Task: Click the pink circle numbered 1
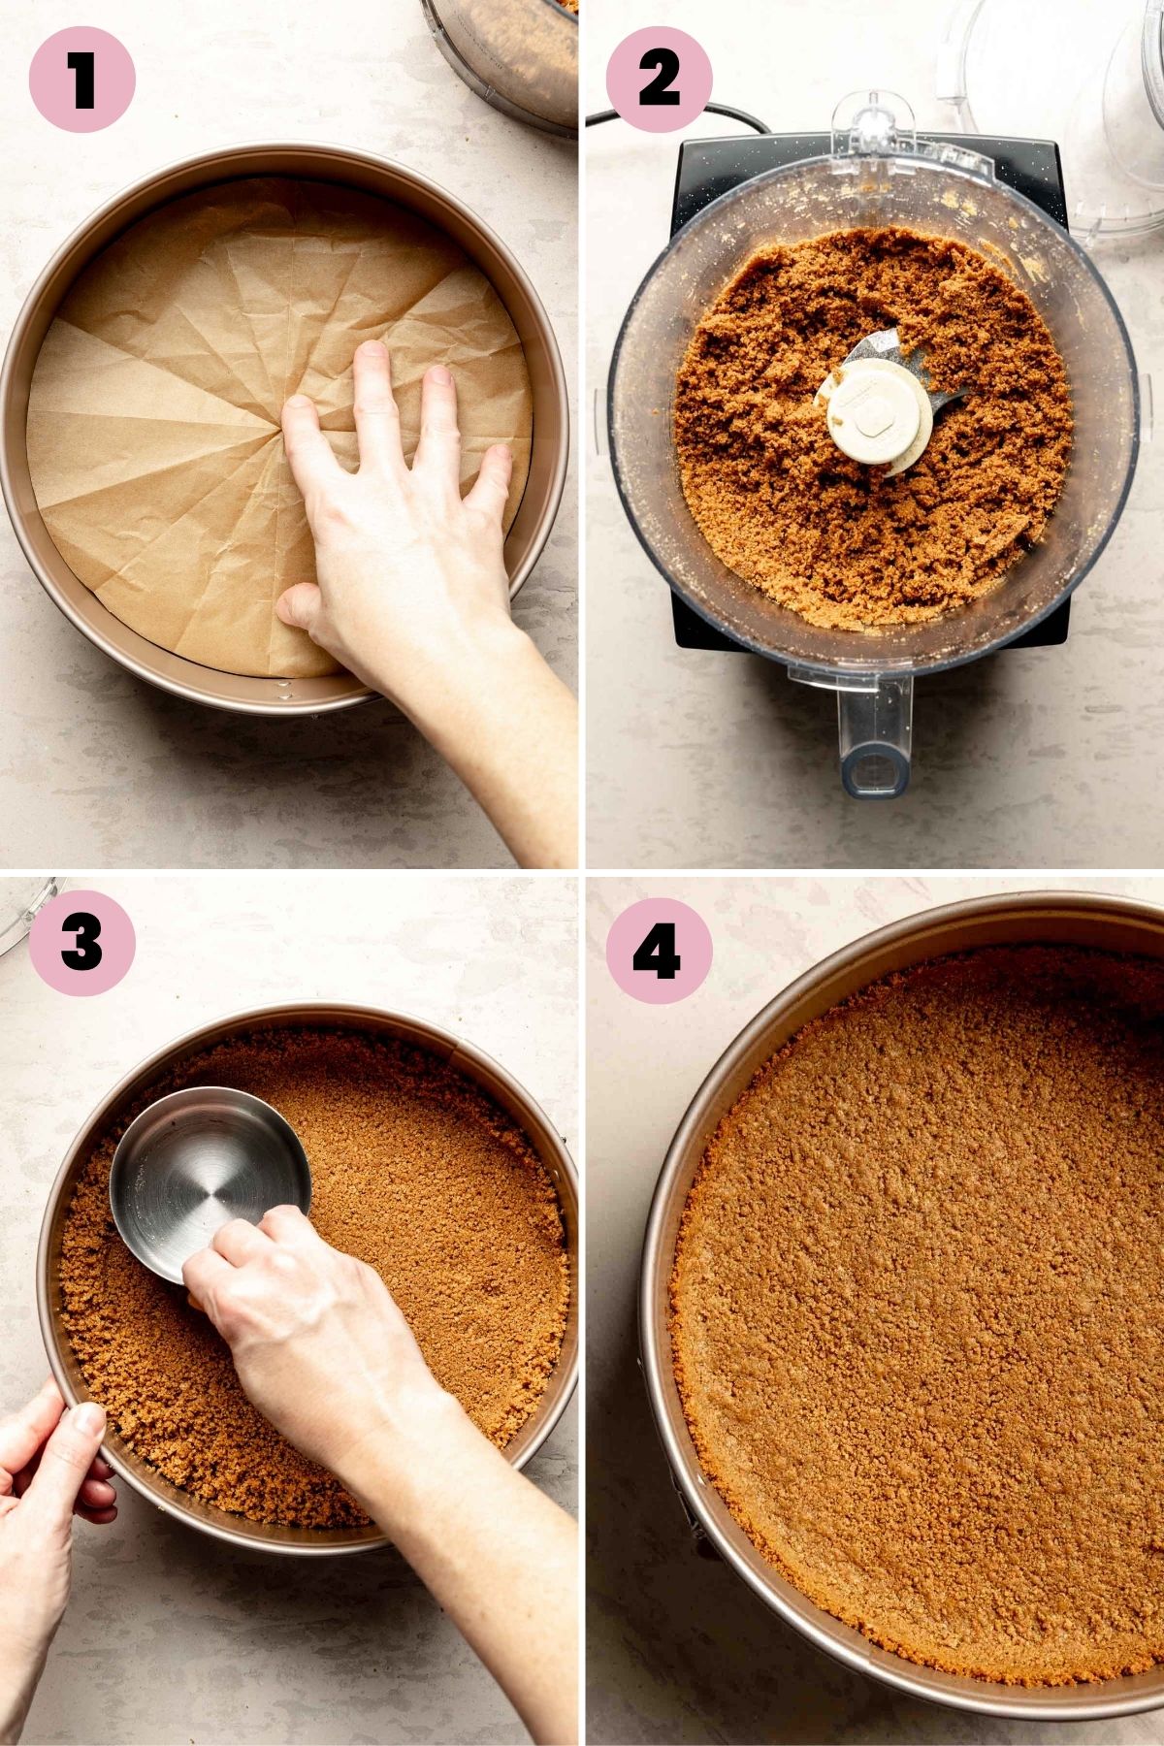[x=82, y=80]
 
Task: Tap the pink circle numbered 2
[x=660, y=80]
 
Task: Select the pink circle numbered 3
[x=82, y=943]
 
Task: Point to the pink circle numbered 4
[x=660, y=951]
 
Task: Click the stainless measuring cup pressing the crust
[x=208, y=1178]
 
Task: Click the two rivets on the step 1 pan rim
[x=285, y=690]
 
